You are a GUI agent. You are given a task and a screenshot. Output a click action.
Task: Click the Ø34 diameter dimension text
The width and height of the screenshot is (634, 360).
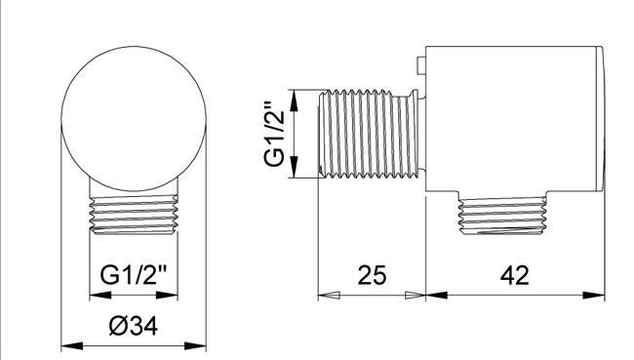coord(133,325)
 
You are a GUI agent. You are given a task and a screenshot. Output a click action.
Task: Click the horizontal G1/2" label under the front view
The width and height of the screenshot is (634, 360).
coord(133,275)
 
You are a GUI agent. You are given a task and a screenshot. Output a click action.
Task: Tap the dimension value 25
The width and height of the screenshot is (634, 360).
coord(372,275)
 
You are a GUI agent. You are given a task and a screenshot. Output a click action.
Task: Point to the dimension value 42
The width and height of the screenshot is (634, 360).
coord(515,275)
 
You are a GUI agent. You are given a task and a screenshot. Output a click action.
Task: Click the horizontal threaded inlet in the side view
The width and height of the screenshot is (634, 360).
coord(369,134)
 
